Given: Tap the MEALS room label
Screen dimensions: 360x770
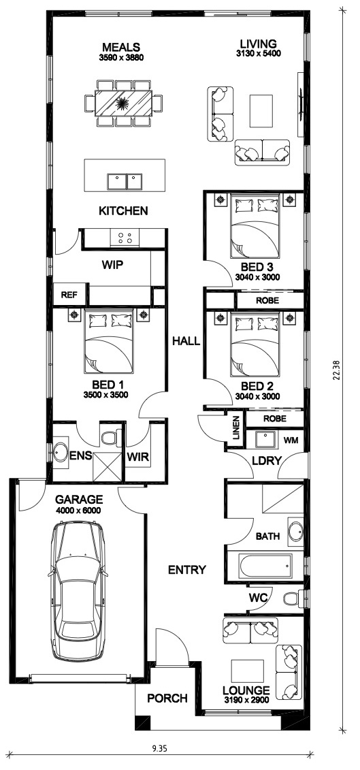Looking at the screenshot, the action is pyautogui.click(x=121, y=47).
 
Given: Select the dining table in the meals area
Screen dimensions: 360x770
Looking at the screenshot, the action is pyautogui.click(x=122, y=103).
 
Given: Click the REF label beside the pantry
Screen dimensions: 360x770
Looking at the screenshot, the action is pyautogui.click(x=67, y=295).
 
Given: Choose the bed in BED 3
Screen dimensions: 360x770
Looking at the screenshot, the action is pyautogui.click(x=255, y=226).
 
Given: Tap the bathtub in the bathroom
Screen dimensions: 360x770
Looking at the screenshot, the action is pyautogui.click(x=265, y=566).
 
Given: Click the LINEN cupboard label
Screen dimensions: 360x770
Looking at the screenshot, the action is pyautogui.click(x=236, y=428).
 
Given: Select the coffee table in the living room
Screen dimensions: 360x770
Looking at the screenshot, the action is pyautogui.click(x=261, y=112).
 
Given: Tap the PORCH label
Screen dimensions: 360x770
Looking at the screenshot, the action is pyautogui.click(x=167, y=698).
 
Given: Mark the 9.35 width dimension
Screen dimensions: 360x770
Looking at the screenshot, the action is pyautogui.click(x=160, y=748).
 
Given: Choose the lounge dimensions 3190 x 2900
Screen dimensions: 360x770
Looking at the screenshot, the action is pyautogui.click(x=246, y=701).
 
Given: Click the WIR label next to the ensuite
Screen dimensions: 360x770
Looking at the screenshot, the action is pyautogui.click(x=138, y=457).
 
